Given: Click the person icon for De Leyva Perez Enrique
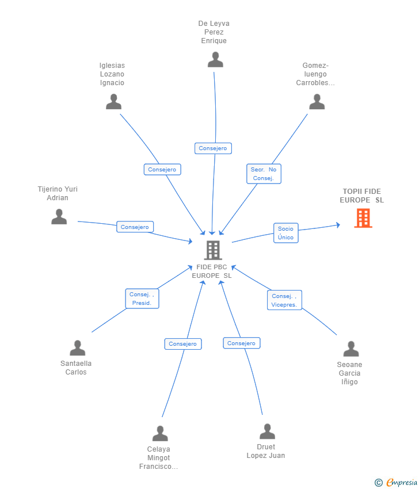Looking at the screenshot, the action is [x=215, y=60].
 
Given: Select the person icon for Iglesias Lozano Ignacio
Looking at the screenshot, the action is [x=113, y=102].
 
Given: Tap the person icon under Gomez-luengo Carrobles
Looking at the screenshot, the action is [x=317, y=102].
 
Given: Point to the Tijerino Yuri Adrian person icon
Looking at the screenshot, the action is [x=59, y=217].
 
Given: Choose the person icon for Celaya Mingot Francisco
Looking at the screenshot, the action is [x=160, y=434].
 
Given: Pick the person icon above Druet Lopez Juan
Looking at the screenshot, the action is [x=268, y=431].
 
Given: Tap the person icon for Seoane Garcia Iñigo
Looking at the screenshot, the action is [x=351, y=349].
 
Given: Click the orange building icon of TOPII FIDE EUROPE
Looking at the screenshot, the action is [x=363, y=218].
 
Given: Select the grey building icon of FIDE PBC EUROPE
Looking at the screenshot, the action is [x=213, y=250].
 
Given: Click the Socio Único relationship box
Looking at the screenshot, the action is [x=286, y=233].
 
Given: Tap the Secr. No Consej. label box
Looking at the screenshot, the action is [x=264, y=174].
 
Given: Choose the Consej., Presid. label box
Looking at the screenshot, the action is [x=142, y=299].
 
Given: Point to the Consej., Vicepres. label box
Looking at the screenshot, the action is [x=284, y=300].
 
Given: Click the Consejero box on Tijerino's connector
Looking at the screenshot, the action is [x=135, y=227].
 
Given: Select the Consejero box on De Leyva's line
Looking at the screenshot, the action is [x=213, y=148].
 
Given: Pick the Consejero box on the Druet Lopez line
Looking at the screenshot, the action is [x=242, y=343].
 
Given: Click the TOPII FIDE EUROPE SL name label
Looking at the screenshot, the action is [x=362, y=196].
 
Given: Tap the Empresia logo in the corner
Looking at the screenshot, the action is [x=396, y=483].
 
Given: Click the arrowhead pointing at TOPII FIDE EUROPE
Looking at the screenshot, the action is [x=338, y=225].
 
